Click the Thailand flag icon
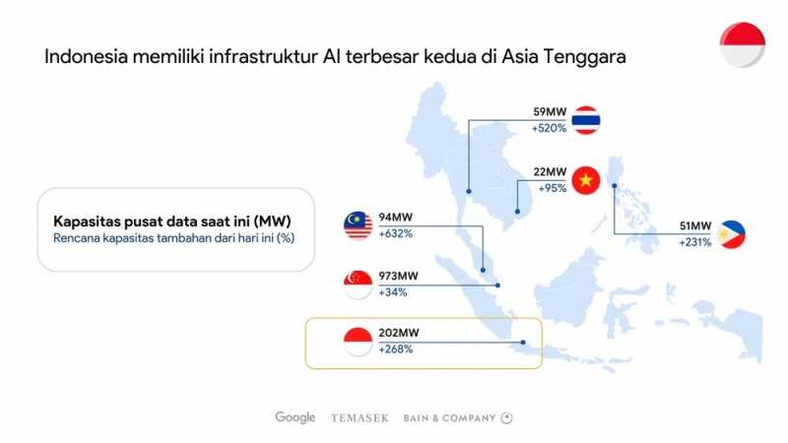(x=586, y=120)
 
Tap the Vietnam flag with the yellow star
(x=586, y=180)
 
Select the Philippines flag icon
(x=731, y=234)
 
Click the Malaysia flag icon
(x=358, y=225)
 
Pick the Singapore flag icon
(x=358, y=285)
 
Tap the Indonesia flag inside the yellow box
(x=358, y=342)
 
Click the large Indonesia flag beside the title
(x=743, y=44)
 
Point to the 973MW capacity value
(x=399, y=276)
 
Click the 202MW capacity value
(x=399, y=333)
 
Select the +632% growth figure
(x=396, y=233)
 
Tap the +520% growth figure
(x=550, y=128)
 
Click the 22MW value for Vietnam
(x=550, y=171)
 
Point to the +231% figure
(x=695, y=242)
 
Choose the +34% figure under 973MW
(x=393, y=292)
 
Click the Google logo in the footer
(x=295, y=417)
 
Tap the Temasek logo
(x=360, y=417)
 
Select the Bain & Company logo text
(x=450, y=417)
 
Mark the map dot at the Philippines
(x=614, y=186)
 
